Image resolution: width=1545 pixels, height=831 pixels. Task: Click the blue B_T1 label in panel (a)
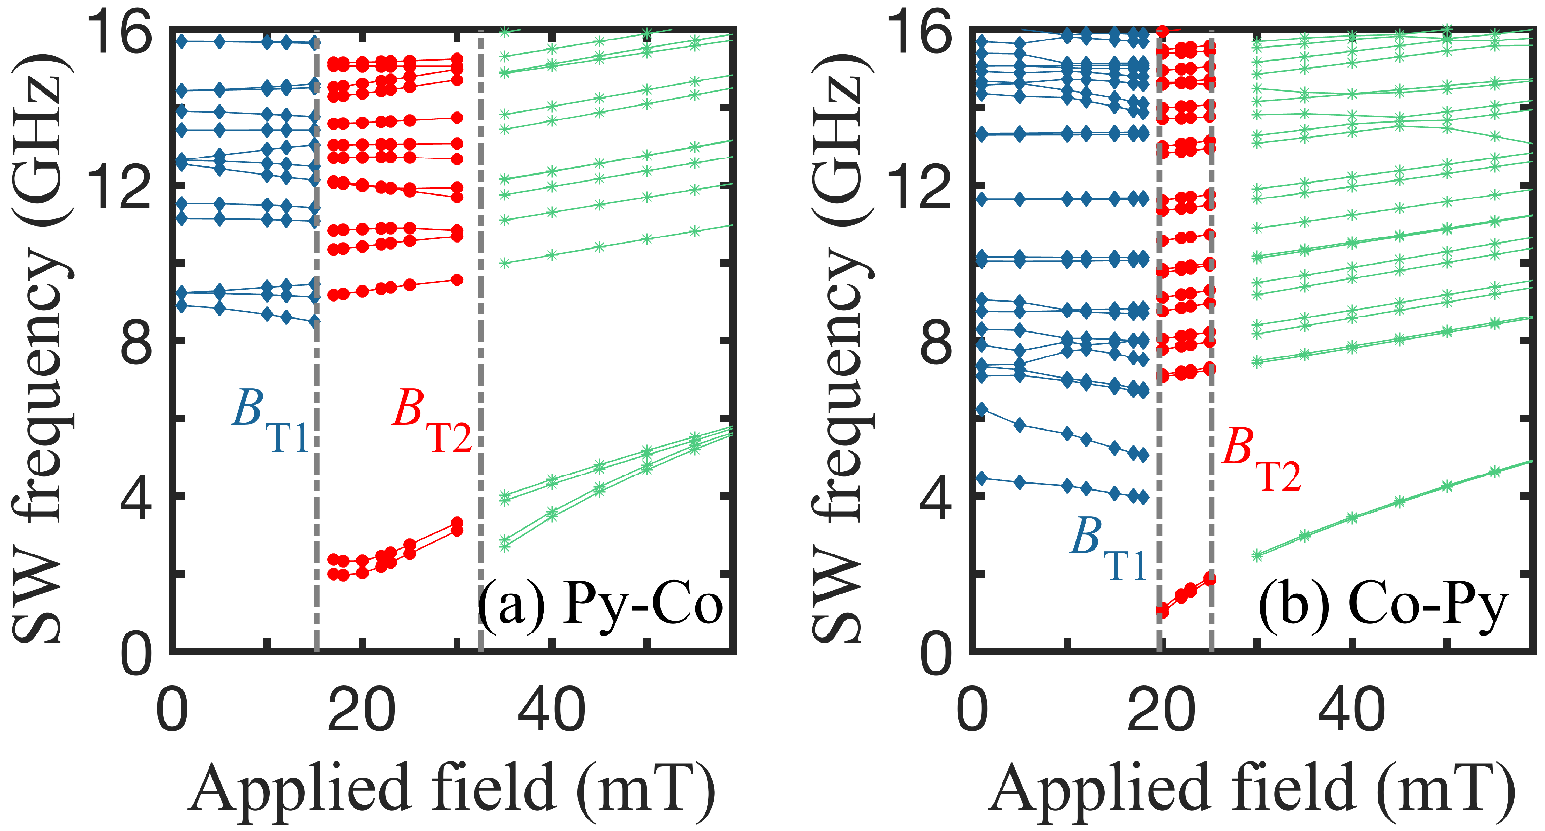click(x=270, y=422)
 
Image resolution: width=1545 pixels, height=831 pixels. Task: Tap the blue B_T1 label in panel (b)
click(x=1108, y=549)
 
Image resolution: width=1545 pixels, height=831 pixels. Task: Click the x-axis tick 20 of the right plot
click(x=1160, y=711)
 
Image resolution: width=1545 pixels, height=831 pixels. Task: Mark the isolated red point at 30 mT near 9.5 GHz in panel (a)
click(x=457, y=280)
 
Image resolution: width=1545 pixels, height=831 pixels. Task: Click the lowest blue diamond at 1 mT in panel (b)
click(x=982, y=478)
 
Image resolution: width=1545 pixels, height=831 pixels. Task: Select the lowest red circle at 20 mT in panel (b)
click(x=1162, y=610)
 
